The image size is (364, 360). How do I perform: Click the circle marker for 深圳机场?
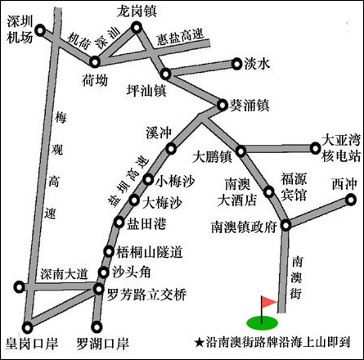tap(40, 30)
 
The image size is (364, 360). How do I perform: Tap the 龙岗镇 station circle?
tap(137, 28)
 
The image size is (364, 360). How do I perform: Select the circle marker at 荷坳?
tap(95, 62)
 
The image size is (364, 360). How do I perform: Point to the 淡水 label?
tap(257, 64)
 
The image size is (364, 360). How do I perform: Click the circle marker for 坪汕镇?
tap(165, 74)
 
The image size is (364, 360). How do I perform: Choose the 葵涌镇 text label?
tap(249, 106)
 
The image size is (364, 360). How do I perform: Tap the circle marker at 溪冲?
tap(171, 149)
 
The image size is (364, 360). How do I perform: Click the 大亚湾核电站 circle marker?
tap(315, 149)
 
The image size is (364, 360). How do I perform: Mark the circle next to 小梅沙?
tap(148, 180)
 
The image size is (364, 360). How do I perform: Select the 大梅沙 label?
tap(162, 203)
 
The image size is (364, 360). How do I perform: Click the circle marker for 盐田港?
tap(119, 223)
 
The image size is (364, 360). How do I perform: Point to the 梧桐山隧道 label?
tap(150, 252)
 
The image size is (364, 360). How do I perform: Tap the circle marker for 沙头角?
tap(104, 272)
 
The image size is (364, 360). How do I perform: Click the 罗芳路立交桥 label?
tap(146, 295)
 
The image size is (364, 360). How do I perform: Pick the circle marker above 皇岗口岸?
tap(27, 327)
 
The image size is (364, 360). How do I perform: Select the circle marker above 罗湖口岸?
tap(97, 327)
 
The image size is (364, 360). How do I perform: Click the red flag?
tap(269, 302)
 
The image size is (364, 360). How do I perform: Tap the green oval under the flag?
tap(263, 323)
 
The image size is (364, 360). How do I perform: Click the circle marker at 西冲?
tap(350, 200)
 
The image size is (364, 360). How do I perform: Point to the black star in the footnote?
tap(200, 342)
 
